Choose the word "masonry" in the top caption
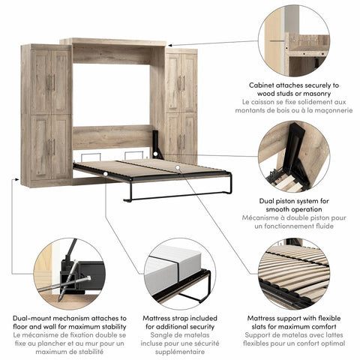327,94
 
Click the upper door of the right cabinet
181,81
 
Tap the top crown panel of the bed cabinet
112,41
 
